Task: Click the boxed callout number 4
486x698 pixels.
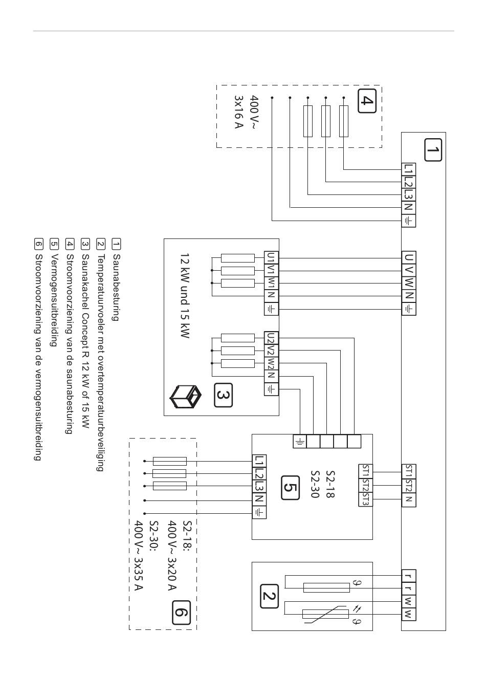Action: coord(367,101)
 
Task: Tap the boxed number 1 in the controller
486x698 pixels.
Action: coord(433,150)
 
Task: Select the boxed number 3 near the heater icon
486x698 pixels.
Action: coord(223,395)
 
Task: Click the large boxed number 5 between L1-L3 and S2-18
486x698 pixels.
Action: coord(290,488)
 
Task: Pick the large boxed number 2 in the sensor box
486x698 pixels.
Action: coord(269,596)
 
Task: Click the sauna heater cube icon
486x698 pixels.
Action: coord(185,397)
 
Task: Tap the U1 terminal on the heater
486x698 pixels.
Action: coord(271,258)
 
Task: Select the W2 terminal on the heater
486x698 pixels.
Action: coord(271,363)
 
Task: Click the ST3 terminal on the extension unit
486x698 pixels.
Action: coord(365,499)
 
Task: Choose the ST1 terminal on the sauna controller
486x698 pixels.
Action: coord(408,471)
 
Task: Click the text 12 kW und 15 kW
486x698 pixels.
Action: coord(185,296)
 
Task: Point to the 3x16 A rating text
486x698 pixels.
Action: coord(238,112)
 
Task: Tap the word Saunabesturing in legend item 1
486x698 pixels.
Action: coord(116,287)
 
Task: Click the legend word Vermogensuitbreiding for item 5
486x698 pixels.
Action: coord(54,300)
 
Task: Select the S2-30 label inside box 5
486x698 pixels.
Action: coord(315,488)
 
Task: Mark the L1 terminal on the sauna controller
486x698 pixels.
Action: coord(408,169)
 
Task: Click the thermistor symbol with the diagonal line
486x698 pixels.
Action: coord(325,614)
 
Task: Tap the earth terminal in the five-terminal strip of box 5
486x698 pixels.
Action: coord(300,441)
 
